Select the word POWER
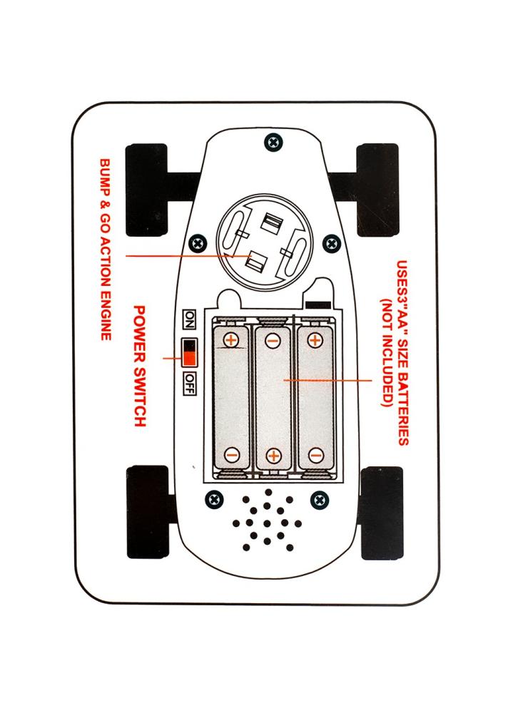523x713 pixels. [140, 329]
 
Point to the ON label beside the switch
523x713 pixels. [189, 317]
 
